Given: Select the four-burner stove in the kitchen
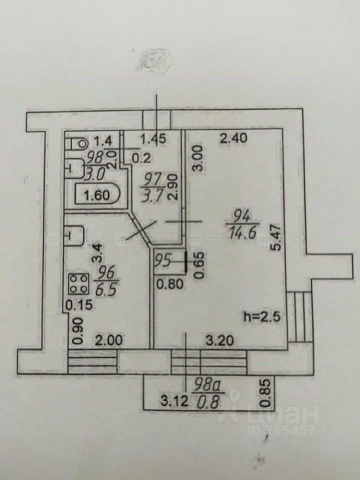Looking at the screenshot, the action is pyautogui.click(x=78, y=284).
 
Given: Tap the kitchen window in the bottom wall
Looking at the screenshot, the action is pyautogui.click(x=92, y=360).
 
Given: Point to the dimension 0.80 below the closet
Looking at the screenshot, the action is pyautogui.click(x=166, y=285).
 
